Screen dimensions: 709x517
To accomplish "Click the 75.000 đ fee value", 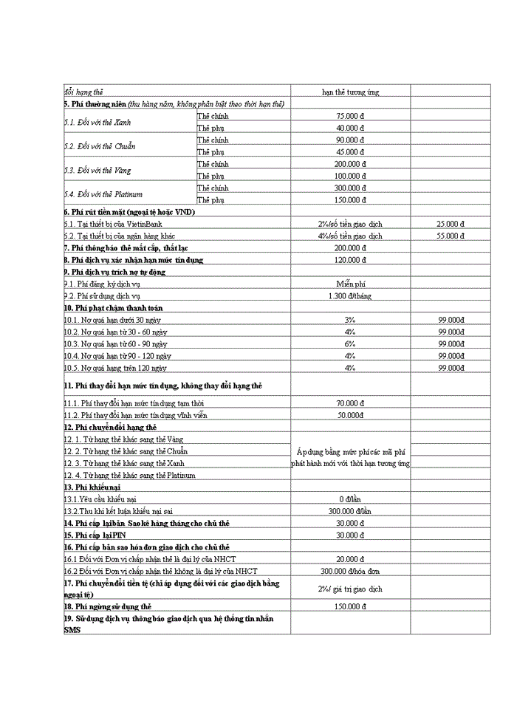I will (350, 116).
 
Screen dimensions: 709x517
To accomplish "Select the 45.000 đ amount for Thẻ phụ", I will (350, 152).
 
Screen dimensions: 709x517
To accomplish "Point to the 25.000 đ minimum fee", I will (451, 224).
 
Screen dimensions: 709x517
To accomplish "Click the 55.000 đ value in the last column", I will (451, 236).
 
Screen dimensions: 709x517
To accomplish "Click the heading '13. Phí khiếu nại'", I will (92, 487).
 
